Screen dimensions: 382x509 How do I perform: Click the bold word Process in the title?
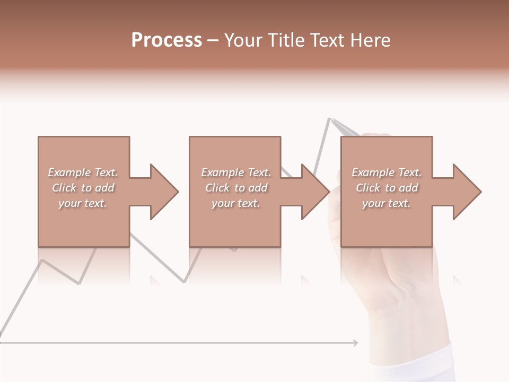[x=166, y=40]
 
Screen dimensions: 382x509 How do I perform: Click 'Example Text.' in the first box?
[x=83, y=172]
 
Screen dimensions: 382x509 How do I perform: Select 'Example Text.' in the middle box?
[x=236, y=172]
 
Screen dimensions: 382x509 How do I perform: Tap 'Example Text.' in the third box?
[x=387, y=172]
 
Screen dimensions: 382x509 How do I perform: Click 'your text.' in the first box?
[x=83, y=203]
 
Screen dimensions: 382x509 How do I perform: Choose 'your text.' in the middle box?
[x=236, y=203]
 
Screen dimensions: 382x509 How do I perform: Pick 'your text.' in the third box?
[x=387, y=203]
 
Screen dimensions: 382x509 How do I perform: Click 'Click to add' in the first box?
[x=83, y=188]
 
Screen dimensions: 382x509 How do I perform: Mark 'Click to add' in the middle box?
[x=236, y=188]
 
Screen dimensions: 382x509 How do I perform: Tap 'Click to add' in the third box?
[x=387, y=188]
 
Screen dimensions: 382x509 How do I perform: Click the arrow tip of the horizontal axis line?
[x=356, y=343]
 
